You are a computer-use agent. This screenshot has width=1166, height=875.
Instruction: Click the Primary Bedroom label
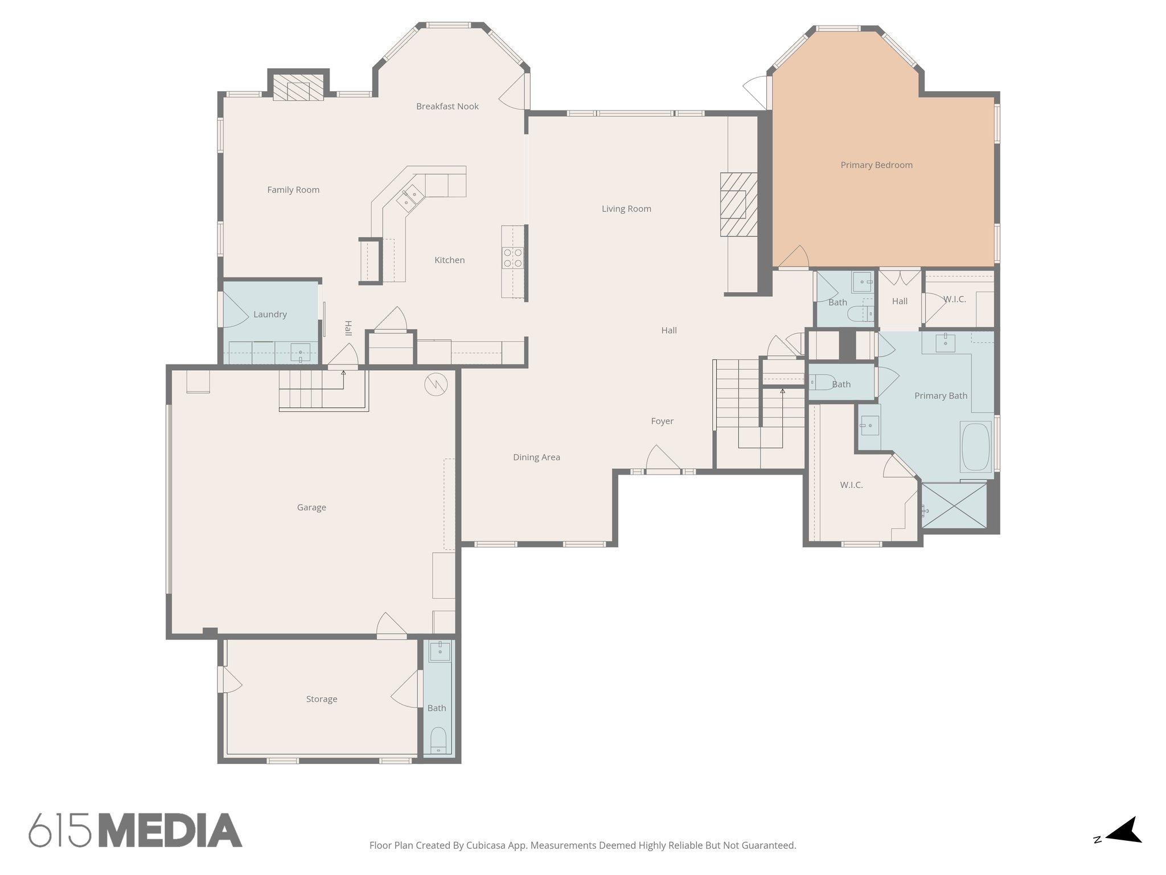pos(876,165)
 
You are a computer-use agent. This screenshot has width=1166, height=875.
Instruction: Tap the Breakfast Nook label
pos(447,107)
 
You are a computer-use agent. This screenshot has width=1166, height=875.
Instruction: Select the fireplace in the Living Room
pos(738,205)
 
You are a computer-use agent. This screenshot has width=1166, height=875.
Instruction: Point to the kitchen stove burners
pos(512,257)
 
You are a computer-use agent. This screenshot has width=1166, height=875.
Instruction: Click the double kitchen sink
pos(410,197)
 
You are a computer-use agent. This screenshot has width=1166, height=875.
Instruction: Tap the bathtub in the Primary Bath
pos(975,447)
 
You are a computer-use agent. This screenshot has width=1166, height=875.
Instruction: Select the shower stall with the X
pos(954,505)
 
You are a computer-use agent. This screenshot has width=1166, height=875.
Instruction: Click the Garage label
pos(311,508)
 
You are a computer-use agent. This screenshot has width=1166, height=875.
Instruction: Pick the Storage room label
pos(322,699)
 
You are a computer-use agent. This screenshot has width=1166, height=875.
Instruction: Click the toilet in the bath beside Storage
pos(438,739)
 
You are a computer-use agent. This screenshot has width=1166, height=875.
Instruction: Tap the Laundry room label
pos(270,314)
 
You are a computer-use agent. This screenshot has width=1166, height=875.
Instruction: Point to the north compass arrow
pos(1124,847)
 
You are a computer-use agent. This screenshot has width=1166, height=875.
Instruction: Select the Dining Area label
pos(536,457)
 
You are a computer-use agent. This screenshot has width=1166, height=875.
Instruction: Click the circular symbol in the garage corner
pos(436,385)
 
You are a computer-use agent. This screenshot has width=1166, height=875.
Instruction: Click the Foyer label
pos(662,422)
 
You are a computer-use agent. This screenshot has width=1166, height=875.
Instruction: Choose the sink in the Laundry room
pos(301,353)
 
